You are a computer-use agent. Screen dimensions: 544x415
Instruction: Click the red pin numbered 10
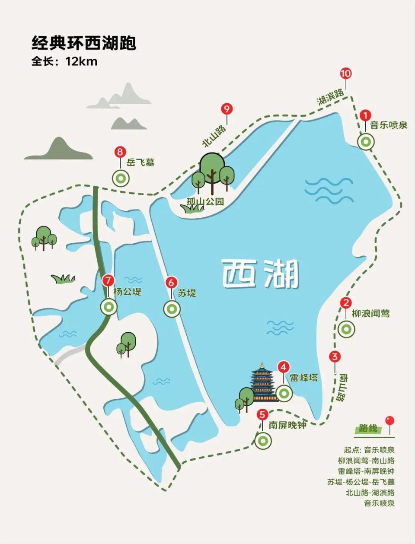point(346,73)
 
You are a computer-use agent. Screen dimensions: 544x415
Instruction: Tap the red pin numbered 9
point(227,109)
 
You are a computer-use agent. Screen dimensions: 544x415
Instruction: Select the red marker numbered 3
point(335,357)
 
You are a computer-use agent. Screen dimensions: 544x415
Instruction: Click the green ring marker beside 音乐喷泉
point(366,141)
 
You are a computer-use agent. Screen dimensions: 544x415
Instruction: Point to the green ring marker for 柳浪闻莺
point(346,329)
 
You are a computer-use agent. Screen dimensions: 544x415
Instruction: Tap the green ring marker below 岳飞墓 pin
point(121,178)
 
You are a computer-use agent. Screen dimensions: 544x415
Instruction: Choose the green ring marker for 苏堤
point(172,309)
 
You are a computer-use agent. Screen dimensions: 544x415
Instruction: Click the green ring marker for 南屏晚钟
point(263,441)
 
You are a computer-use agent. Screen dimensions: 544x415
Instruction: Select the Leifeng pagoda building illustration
point(263,382)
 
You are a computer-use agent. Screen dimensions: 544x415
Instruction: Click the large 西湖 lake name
point(260,274)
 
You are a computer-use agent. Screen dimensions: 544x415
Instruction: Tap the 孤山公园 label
point(205,201)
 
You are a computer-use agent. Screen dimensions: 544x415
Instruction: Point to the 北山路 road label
point(214,136)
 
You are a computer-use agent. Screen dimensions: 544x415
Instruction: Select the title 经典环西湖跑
point(84,43)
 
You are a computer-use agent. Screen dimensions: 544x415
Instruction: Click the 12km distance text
point(81,61)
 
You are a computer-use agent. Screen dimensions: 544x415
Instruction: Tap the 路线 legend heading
point(368,429)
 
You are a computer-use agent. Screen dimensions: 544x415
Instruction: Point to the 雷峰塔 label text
point(303,377)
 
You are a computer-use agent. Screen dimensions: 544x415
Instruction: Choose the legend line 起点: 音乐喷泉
point(369,450)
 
